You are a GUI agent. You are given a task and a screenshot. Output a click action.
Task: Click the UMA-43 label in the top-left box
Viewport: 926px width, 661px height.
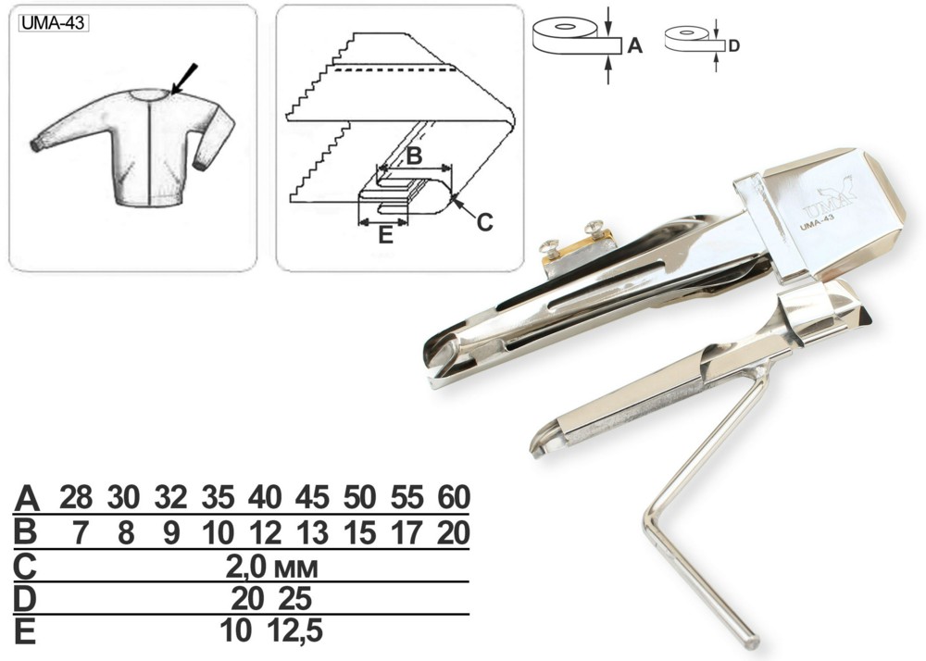[x=53, y=23]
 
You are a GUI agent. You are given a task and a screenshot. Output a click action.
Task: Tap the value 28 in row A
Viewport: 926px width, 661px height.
[x=76, y=497]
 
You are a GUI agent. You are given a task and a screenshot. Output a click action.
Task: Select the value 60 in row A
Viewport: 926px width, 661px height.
[x=454, y=497]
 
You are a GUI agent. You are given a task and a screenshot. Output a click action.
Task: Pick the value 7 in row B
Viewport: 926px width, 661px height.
[x=80, y=533]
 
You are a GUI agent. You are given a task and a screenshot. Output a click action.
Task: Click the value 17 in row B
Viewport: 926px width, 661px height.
[x=407, y=533]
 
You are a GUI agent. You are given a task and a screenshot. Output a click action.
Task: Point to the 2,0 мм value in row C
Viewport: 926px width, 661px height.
[x=271, y=567]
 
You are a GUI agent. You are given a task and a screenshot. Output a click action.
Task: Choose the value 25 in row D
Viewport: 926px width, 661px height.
[x=294, y=600]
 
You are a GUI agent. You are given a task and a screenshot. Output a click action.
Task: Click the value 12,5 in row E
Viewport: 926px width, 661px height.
[x=294, y=630]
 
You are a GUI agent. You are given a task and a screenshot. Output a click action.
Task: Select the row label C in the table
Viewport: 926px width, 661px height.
[x=25, y=567]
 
